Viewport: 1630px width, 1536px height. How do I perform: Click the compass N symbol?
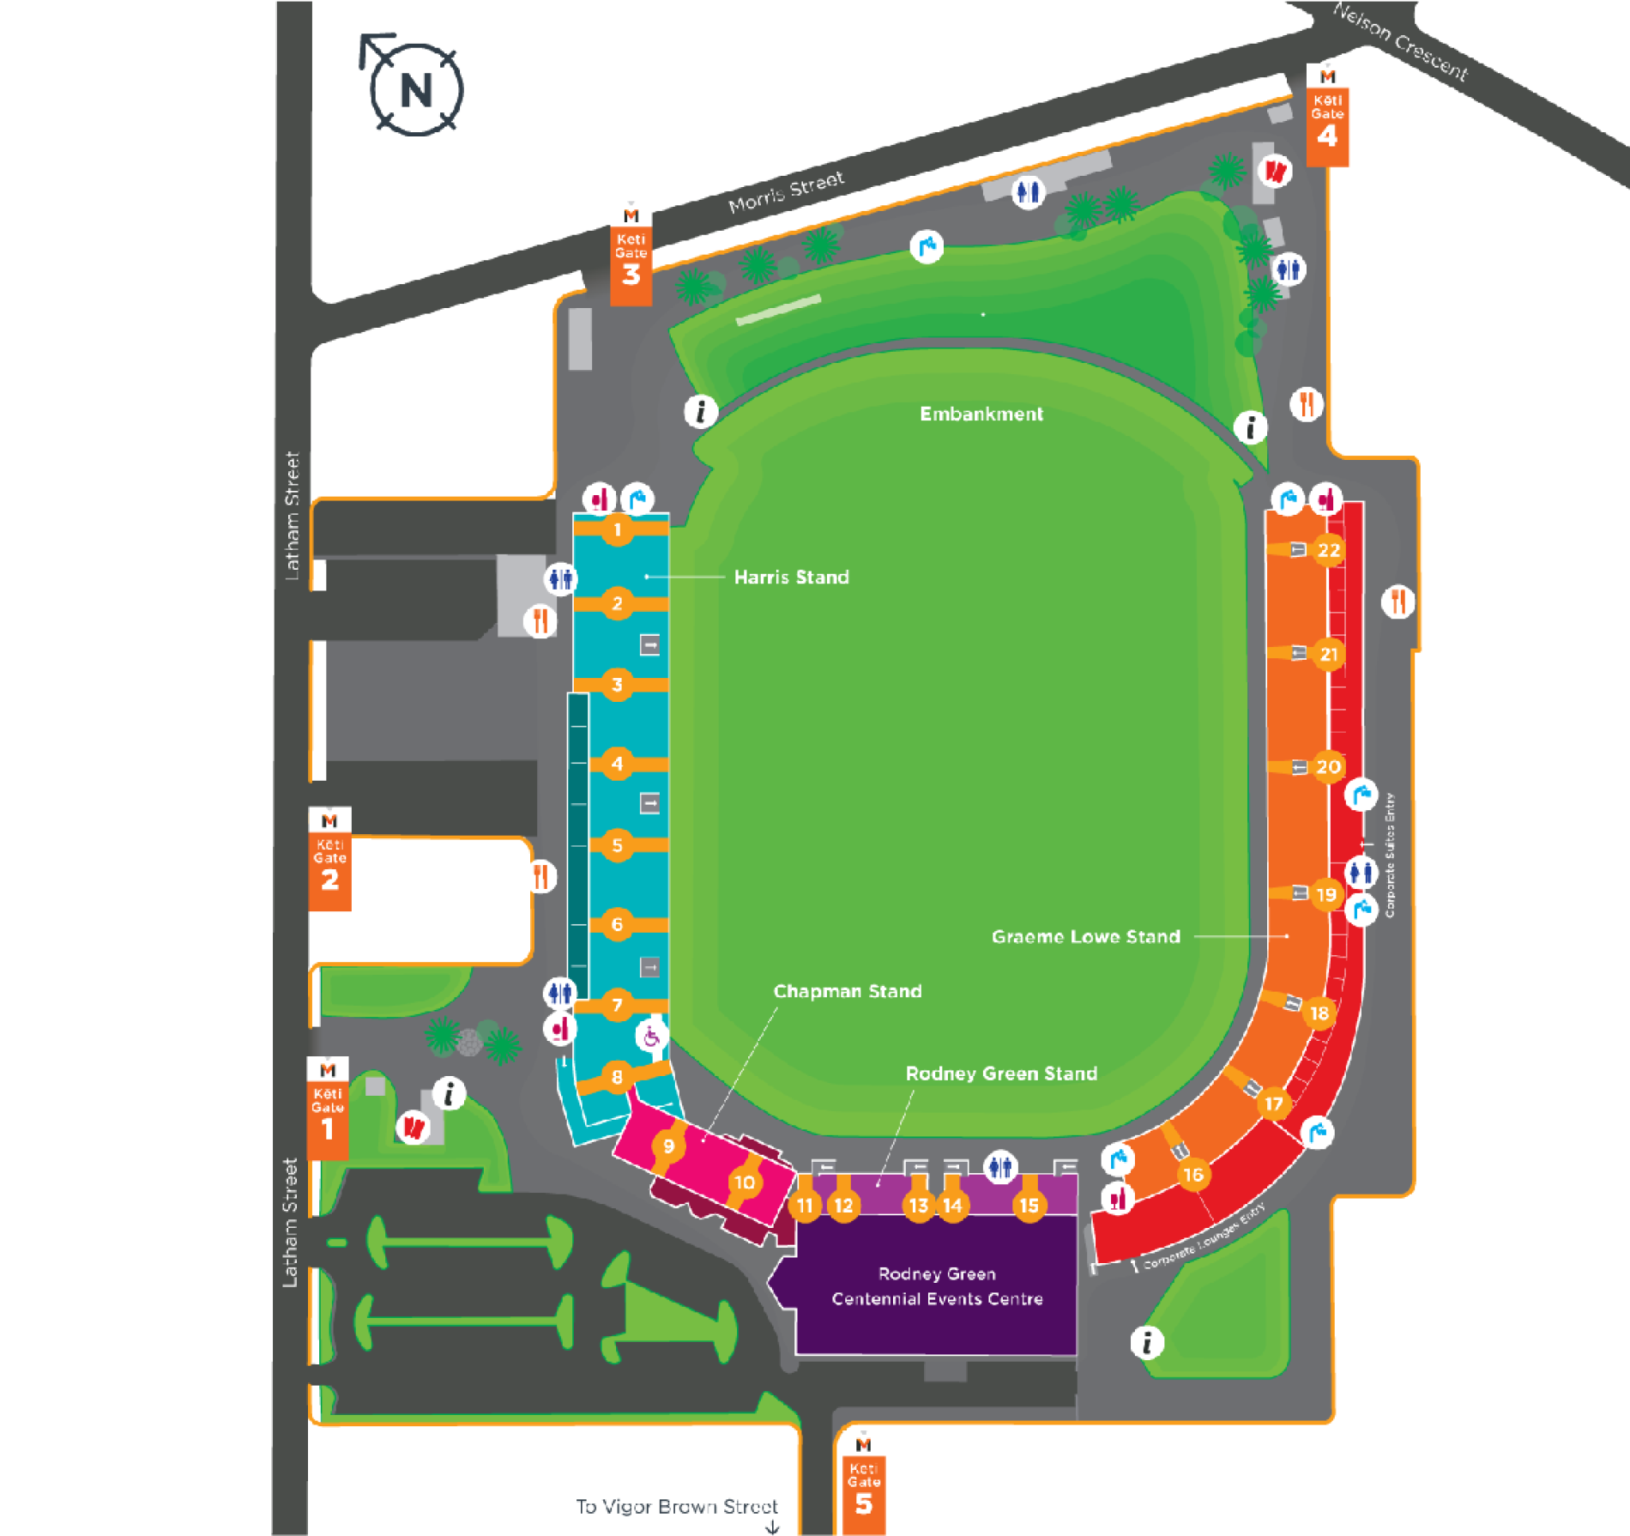pyautogui.click(x=416, y=88)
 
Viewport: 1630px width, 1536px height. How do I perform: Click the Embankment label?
pyautogui.click(x=981, y=414)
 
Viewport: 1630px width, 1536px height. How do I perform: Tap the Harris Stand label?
pyautogui.click(x=791, y=578)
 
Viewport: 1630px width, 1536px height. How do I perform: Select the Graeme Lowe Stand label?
pyautogui.click(x=1085, y=937)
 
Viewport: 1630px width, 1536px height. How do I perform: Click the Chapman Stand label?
pyautogui.click(x=847, y=992)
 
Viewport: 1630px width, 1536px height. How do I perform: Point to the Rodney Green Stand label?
pyautogui.click(x=1001, y=1073)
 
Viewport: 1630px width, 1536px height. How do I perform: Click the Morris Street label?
pyautogui.click(x=786, y=192)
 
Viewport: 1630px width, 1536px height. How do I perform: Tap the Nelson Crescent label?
pyautogui.click(x=1400, y=40)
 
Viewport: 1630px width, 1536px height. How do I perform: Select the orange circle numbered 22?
pyautogui.click(x=1328, y=550)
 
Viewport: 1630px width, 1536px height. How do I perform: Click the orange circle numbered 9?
pyautogui.click(x=668, y=1146)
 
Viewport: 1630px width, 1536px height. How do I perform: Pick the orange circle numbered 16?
pyautogui.click(x=1192, y=1175)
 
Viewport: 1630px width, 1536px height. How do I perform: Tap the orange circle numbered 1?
pyautogui.click(x=617, y=529)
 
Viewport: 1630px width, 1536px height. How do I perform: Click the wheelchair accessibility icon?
pyautogui.click(x=651, y=1037)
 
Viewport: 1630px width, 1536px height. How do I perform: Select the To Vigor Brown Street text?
pyautogui.click(x=677, y=1507)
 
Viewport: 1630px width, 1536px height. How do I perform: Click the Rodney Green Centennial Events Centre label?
pyautogui.click(x=937, y=1286)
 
